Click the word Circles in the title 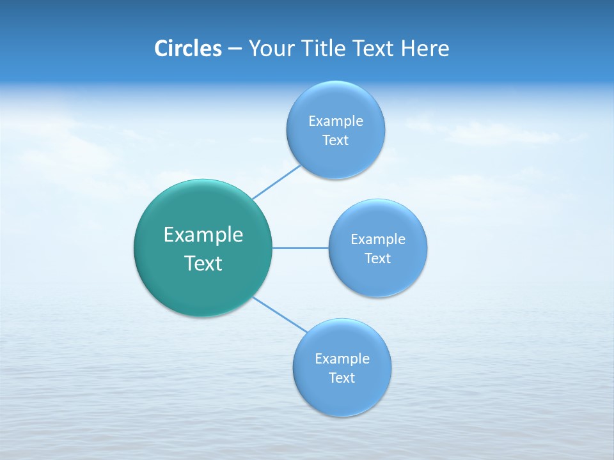pyautogui.click(x=188, y=49)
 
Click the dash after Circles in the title pyautogui.click(x=235, y=49)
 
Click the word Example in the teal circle pyautogui.click(x=203, y=234)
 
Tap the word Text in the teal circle pyautogui.click(x=203, y=263)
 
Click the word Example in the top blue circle pyautogui.click(x=336, y=121)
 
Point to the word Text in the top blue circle pyautogui.click(x=336, y=140)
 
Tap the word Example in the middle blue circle pyautogui.click(x=378, y=239)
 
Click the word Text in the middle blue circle pyautogui.click(x=378, y=258)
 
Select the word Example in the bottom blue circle pyautogui.click(x=342, y=358)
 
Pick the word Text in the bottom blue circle pyautogui.click(x=342, y=378)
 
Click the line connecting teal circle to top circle pyautogui.click(x=276, y=182)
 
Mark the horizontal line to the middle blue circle pyautogui.click(x=301, y=247)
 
